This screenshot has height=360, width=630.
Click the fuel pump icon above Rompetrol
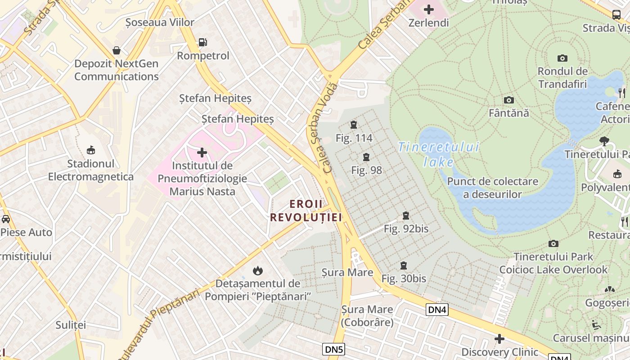coord(202,42)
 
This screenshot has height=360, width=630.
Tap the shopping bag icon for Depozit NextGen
coord(117,50)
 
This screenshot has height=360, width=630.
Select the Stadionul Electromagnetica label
coord(91,170)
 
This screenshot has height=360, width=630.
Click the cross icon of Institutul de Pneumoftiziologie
coord(202,153)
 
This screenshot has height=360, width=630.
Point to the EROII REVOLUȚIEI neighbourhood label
coord(306,211)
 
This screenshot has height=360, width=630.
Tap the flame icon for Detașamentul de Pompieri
coord(257,270)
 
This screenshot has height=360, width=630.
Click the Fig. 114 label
coord(354,138)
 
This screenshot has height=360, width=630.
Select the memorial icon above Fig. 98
coord(366,157)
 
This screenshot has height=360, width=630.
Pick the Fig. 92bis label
coord(406,229)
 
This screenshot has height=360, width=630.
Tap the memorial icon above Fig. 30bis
coord(404,265)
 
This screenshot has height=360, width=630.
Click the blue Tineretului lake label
coord(439,154)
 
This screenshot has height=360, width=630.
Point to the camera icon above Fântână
coord(509,100)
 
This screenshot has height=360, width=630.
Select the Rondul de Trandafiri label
coord(562,77)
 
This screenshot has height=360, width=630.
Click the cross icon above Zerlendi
coord(428,9)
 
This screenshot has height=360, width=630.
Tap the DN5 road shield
coord(333,349)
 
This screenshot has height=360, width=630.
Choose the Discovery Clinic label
coord(499,352)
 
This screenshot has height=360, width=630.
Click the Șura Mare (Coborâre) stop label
coord(367,316)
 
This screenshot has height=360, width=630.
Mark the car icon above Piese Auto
coord(5,219)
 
